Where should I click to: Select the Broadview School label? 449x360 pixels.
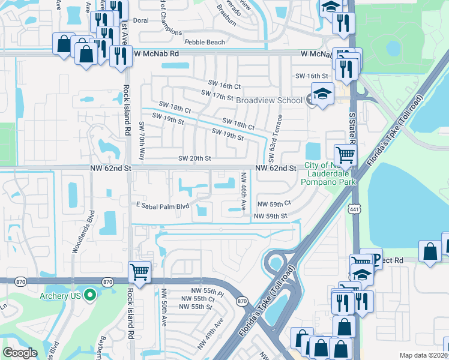(x=269, y=100)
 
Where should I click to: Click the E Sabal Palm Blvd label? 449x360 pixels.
(x=162, y=206)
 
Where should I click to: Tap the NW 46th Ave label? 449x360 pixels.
(x=244, y=191)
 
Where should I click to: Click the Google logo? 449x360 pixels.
(x=20, y=353)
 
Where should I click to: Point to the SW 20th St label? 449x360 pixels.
(x=194, y=158)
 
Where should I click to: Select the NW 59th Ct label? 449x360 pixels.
(x=274, y=203)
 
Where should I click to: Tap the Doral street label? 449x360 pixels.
(x=140, y=20)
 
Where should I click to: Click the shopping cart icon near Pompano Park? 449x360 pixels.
(x=345, y=155)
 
